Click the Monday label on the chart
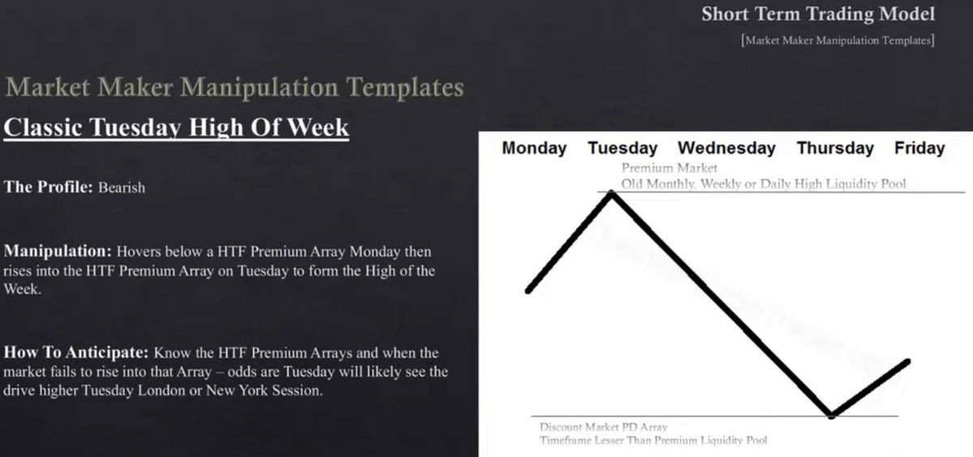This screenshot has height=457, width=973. (x=534, y=148)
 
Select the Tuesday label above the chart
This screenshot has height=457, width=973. (x=622, y=148)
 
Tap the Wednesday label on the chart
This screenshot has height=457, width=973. (x=727, y=148)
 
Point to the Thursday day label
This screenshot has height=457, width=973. (x=835, y=148)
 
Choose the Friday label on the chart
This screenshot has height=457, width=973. (x=919, y=148)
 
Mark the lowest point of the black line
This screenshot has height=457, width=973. (x=831, y=416)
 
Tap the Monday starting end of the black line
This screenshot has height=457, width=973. (x=529, y=291)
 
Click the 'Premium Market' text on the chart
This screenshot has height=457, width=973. (x=669, y=169)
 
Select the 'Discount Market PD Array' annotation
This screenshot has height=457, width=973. (x=603, y=427)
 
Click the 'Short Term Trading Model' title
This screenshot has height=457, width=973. (x=817, y=14)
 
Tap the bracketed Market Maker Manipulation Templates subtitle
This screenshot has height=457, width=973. (x=837, y=40)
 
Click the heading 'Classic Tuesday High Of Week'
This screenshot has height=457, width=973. (x=176, y=127)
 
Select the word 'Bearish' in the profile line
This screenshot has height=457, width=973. (x=122, y=187)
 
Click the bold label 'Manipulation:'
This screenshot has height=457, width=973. (x=58, y=252)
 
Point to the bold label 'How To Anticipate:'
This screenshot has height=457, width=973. (x=76, y=353)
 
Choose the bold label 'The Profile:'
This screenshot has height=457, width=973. (x=49, y=187)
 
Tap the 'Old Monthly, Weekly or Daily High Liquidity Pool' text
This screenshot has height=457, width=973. (x=763, y=184)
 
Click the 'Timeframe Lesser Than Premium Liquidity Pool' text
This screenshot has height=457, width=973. (x=653, y=440)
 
